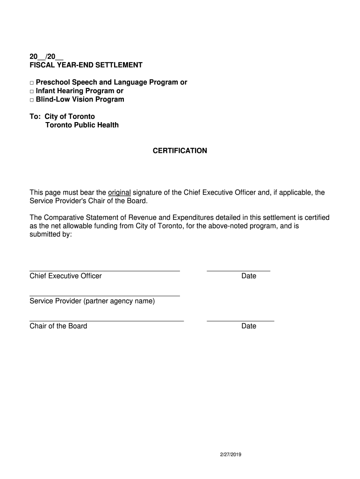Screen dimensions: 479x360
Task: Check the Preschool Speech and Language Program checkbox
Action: tap(32, 83)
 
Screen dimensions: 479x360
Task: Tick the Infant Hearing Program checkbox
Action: tap(32, 91)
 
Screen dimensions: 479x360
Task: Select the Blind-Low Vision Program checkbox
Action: tap(32, 100)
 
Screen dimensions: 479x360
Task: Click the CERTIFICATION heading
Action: tap(180, 151)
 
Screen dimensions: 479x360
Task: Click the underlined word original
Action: tap(119, 192)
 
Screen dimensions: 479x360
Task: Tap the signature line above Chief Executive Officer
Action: tap(105, 270)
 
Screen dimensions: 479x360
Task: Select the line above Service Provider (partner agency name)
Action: tap(105, 296)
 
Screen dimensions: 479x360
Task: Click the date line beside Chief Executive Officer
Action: tap(238, 270)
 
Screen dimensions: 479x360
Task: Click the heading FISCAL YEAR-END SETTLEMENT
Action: tap(86, 65)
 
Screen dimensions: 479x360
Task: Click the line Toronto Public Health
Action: tap(82, 125)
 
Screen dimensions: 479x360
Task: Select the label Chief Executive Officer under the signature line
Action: tap(65, 276)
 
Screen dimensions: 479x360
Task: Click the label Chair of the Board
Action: tap(58, 326)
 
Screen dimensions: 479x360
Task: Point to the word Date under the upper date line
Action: tap(249, 276)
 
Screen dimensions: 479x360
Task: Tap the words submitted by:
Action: tap(51, 234)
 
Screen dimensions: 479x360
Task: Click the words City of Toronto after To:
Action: tap(70, 116)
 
